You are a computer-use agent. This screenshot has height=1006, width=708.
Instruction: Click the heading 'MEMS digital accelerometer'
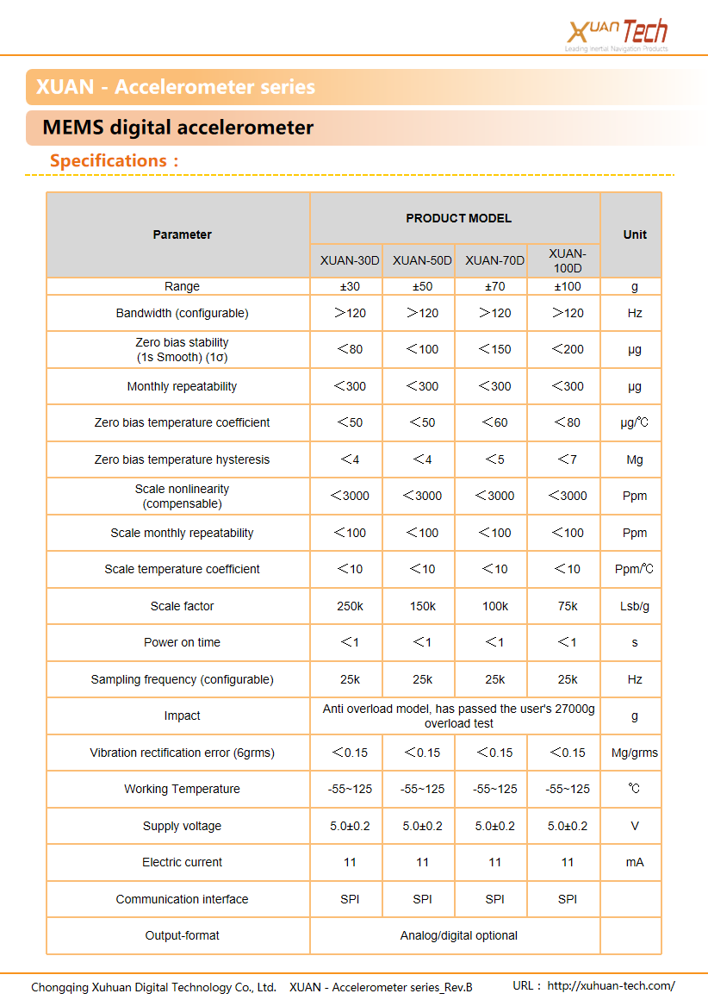click(x=178, y=128)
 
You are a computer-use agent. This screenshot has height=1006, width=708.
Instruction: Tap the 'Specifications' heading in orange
click(x=114, y=161)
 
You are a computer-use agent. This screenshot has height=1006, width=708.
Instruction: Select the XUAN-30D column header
click(x=350, y=260)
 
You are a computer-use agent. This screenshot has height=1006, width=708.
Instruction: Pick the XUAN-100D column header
click(x=568, y=260)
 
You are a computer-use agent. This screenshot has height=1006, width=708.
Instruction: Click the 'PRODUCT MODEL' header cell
click(x=458, y=218)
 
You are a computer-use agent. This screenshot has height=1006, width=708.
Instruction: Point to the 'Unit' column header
click(x=635, y=234)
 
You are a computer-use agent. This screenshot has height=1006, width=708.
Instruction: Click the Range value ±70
click(x=495, y=286)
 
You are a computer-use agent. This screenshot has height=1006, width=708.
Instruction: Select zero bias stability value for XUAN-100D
click(x=568, y=349)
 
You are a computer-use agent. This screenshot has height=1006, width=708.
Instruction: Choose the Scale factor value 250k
click(x=350, y=606)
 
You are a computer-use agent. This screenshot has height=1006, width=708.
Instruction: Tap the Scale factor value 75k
click(x=568, y=606)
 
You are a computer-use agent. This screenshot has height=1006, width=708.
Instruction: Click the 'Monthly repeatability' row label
click(x=182, y=386)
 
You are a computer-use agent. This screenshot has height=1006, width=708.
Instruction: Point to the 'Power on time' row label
click(x=182, y=642)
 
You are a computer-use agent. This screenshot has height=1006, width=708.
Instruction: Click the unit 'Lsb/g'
click(x=635, y=606)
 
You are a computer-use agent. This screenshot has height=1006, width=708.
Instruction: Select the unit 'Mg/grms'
click(x=635, y=753)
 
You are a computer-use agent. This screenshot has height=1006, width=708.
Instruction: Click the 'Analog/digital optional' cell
click(x=458, y=935)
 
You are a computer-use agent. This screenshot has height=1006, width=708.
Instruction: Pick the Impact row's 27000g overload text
click(x=458, y=715)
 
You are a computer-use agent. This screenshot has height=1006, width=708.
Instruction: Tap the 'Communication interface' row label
click(x=182, y=899)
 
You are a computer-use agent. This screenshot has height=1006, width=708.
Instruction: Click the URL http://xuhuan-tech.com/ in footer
click(x=611, y=986)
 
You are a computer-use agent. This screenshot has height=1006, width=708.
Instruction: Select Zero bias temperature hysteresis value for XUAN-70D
click(x=495, y=459)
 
